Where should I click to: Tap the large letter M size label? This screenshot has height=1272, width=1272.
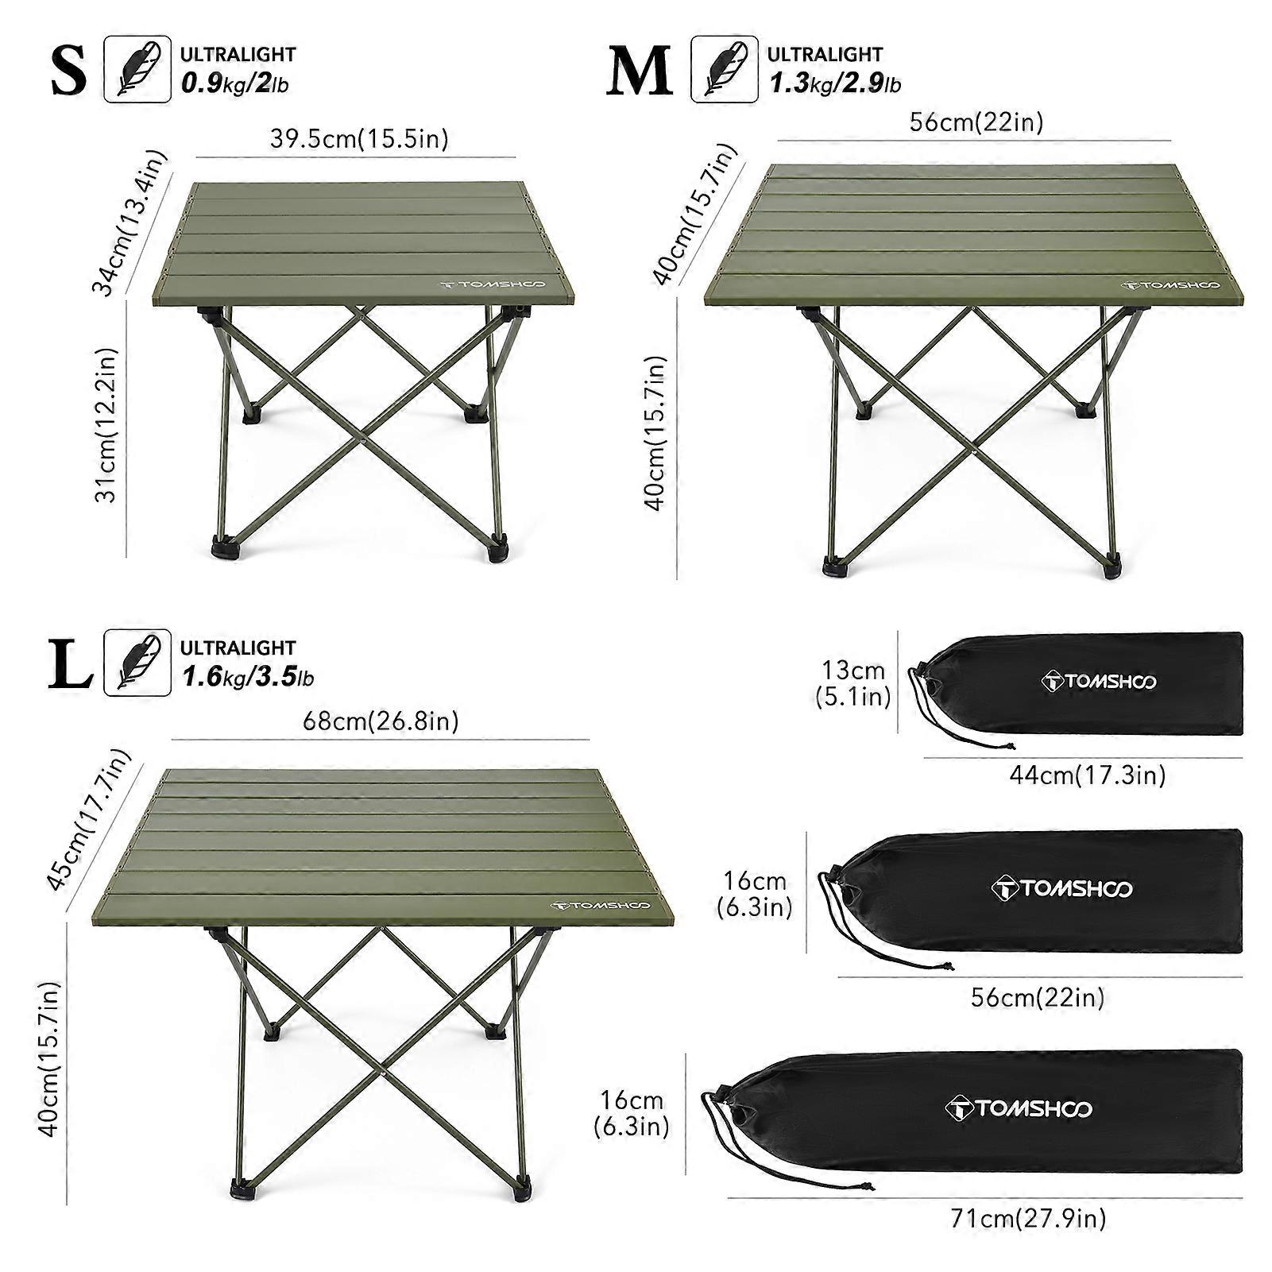pyautogui.click(x=640, y=72)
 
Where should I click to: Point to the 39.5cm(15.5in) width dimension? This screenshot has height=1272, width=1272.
pyautogui.click(x=359, y=138)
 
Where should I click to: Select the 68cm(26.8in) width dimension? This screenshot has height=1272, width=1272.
pyautogui.click(x=381, y=721)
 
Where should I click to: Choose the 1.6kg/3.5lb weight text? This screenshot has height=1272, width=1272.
pyautogui.click(x=248, y=677)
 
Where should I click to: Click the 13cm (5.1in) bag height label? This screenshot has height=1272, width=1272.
pyautogui.click(x=853, y=682)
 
